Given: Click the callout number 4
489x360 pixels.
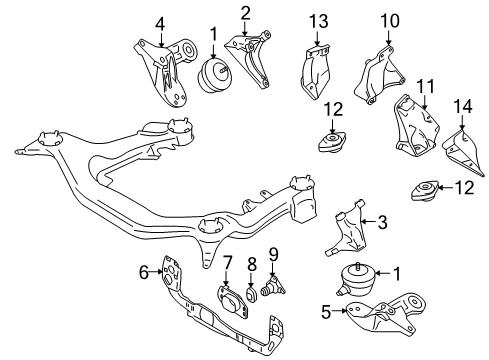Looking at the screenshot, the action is point(160,24).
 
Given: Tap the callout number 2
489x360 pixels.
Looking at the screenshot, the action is point(245,13).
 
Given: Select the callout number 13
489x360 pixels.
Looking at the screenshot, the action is point(319,21).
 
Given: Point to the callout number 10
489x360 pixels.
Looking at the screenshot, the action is point(390,21).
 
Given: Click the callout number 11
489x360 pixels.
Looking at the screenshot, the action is point(425,86).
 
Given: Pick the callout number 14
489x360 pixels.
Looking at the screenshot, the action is point(462,107).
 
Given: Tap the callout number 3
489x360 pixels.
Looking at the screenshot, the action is point(382,222).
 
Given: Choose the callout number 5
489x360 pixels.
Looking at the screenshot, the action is point(326,312).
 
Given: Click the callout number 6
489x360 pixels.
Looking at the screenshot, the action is point(144,272).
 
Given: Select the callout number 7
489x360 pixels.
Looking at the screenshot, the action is point(227,263).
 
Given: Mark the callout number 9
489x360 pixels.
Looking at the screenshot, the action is point(273,255).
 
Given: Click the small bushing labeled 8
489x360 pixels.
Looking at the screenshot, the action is point(252,294).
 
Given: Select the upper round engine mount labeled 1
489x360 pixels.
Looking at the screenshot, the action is point(213,75).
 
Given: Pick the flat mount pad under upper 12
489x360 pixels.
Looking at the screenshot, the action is point(332,142).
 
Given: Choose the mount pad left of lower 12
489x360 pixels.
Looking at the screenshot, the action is point(425,191).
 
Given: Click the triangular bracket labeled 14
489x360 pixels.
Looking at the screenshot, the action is point(464,153).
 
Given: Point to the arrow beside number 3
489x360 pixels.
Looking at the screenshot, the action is point(369,221).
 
